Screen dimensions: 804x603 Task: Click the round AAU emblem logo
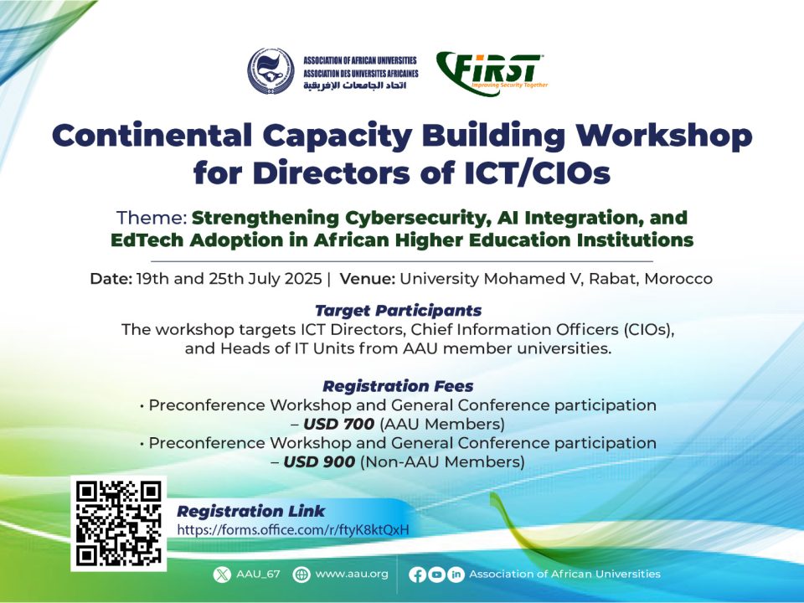coord(271,70)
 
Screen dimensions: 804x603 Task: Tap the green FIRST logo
coord(492,74)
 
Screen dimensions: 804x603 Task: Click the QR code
coord(118,523)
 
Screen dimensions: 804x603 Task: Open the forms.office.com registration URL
coord(293,529)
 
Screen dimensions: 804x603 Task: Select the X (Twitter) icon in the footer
coord(222,575)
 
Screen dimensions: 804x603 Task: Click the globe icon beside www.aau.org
coord(301,575)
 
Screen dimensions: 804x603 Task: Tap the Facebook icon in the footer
coord(417,575)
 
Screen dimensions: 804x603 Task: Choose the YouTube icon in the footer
coord(436,575)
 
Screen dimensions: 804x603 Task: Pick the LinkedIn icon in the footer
coord(456,575)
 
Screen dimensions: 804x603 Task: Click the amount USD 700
coord(339,424)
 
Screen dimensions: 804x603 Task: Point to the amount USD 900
coord(319,462)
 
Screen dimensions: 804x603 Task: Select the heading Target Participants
coord(399,310)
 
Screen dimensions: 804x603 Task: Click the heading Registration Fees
coord(398,385)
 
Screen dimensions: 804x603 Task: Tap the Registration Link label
coord(250,511)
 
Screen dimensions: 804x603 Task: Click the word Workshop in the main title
coord(664,137)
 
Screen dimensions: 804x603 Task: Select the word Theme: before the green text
coord(152,218)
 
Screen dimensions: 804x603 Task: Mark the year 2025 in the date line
coord(303,278)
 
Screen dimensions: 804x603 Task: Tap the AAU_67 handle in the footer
coord(259,574)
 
